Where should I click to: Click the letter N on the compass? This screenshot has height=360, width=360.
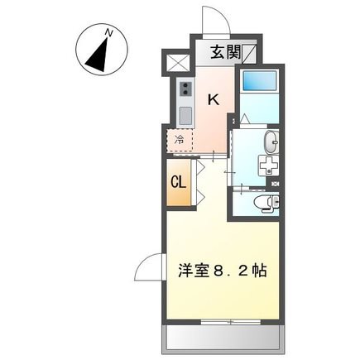coord(109,33)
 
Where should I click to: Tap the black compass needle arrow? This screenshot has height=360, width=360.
coord(98,55)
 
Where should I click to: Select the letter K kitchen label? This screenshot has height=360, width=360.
coord(214,99)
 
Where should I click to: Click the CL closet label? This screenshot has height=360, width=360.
coord(179,182)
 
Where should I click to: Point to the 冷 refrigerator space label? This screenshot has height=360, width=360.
coord(180,141)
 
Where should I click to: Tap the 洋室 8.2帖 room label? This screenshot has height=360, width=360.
coord(223,271)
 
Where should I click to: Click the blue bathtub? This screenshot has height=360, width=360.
coord(259,81)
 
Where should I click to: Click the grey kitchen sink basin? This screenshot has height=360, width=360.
coord(186,116)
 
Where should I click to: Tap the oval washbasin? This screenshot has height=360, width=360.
coord(272,142)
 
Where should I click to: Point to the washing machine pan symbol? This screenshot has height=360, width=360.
coord(269,165)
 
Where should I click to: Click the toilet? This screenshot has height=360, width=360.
coord(267,203)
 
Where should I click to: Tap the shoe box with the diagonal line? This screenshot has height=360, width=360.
coord(250,54)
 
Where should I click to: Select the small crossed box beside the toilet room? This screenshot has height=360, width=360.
coord(275,185)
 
